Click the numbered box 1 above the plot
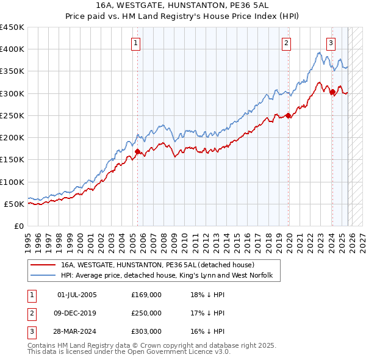click(x=135, y=43)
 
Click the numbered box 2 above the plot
click(x=286, y=43)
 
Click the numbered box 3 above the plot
click(x=330, y=43)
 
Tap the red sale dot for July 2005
click(x=137, y=151)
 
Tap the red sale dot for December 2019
click(x=288, y=115)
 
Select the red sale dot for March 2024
click(x=332, y=92)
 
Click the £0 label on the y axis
click(x=18, y=226)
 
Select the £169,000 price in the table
click(x=146, y=295)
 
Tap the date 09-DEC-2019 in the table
click(x=77, y=313)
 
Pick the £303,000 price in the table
click(x=146, y=331)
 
